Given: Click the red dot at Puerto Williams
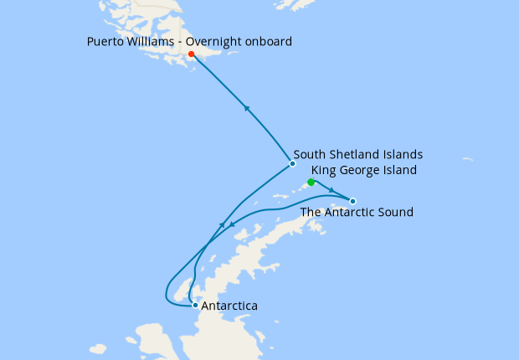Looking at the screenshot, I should tap(192, 54).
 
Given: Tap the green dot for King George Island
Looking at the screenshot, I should tap(311, 182).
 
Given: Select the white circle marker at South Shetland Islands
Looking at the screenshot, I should tap(292, 163).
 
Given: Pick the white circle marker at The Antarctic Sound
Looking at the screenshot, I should tap(352, 201).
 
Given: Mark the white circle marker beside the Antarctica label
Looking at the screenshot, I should tap(195, 306).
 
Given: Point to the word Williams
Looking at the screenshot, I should tap(153, 41).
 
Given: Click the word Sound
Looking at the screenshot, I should tap(395, 213).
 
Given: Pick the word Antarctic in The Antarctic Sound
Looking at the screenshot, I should tap(349, 213).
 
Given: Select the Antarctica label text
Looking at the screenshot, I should tap(229, 306).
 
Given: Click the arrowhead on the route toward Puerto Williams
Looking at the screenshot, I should tap(246, 107).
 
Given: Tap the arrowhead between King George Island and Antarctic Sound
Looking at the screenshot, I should tap(333, 192).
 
